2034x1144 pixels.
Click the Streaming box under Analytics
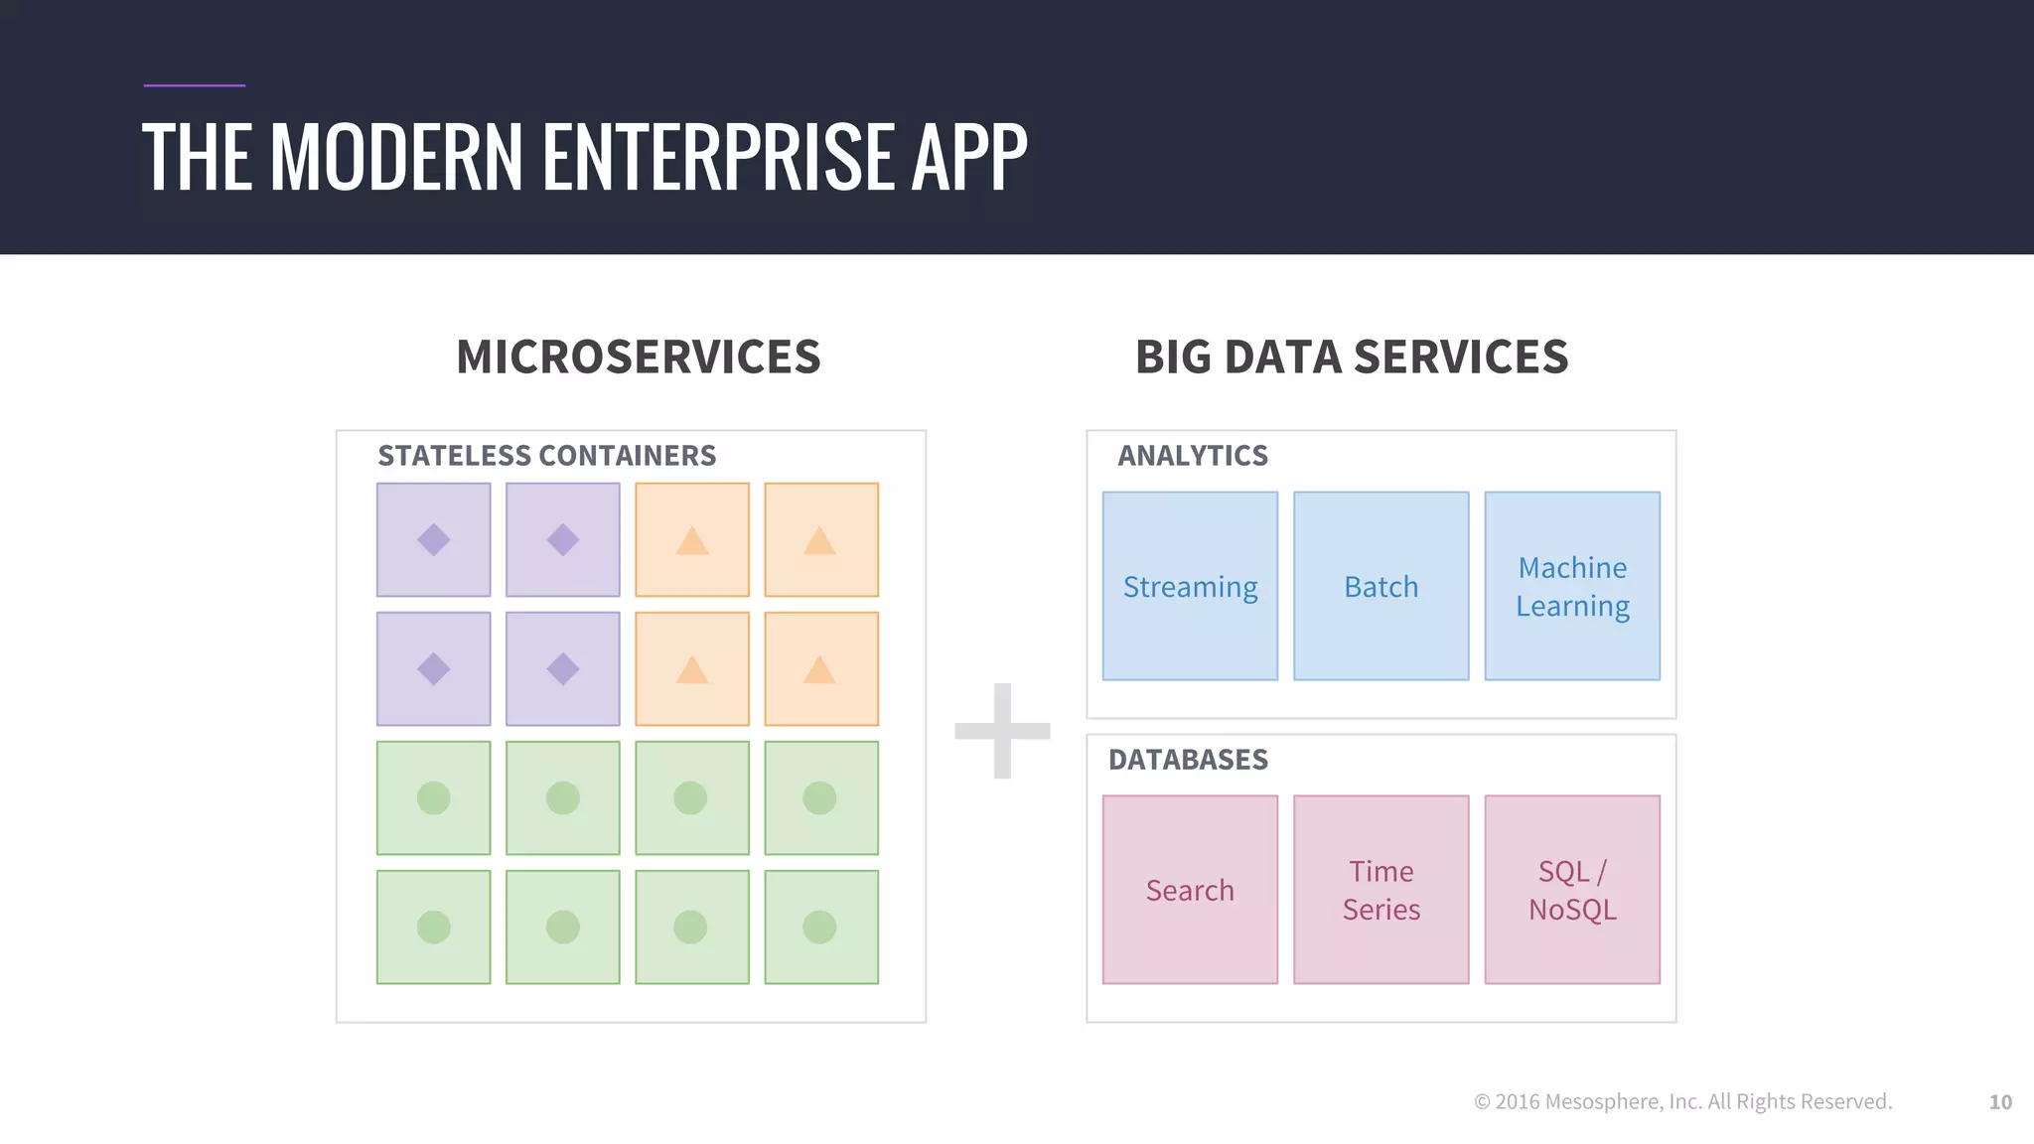1190,586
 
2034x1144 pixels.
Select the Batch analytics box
1380,586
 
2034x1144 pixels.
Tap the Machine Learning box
1572,586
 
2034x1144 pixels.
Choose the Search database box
1190,890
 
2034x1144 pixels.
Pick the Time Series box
1380,890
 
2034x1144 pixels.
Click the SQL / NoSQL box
1572,890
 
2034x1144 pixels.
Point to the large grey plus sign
1002,731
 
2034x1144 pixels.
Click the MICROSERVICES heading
639,357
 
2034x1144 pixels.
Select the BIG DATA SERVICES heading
1352,357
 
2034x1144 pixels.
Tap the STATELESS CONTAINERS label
546,455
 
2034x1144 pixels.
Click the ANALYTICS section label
1193,455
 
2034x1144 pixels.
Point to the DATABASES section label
1188,760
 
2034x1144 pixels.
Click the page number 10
2000,1102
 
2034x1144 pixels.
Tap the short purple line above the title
194,85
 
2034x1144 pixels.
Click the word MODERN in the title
395,157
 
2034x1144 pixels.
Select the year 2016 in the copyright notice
1518,1101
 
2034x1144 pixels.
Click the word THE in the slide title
196,157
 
